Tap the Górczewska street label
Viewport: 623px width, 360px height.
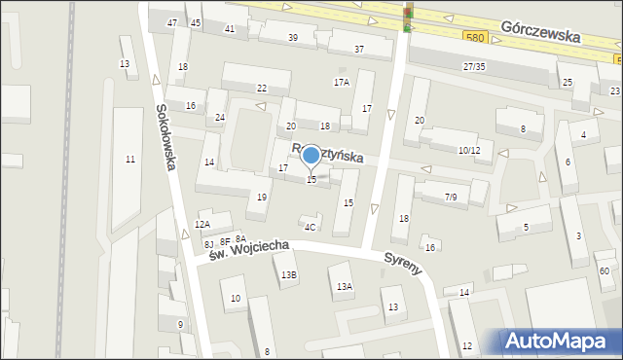541,33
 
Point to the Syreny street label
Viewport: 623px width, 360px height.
403,263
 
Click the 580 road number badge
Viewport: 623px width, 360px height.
474,36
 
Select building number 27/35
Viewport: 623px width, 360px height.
474,66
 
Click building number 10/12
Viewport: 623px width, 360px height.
469,150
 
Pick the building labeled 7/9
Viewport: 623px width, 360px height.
450,197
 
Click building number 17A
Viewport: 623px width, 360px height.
341,83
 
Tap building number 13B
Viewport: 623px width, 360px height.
289,275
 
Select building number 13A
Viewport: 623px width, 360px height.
344,286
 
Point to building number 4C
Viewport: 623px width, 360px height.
310,228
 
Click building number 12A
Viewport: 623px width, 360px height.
202,224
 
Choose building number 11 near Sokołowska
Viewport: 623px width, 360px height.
130,159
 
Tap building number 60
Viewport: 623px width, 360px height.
605,270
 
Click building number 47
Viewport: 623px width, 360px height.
172,21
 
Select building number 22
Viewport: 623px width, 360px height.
261,89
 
